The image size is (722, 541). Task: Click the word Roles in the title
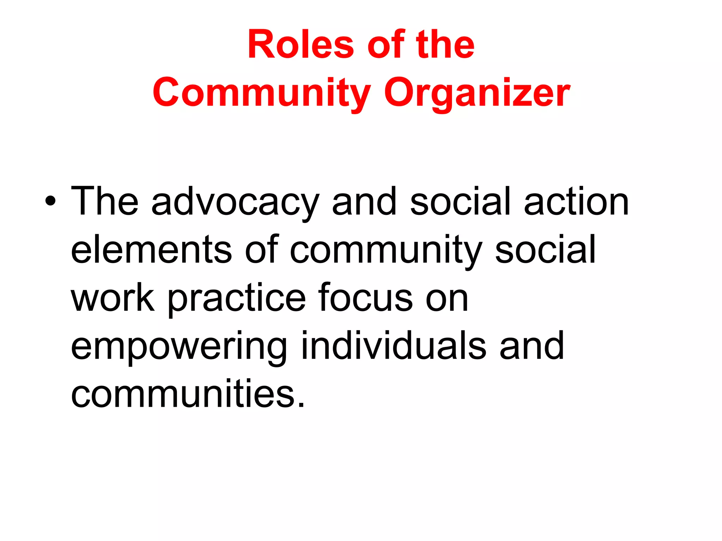[300, 45]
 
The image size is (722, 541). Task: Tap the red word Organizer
[477, 92]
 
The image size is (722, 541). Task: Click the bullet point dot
[50, 201]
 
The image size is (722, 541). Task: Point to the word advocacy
[235, 203]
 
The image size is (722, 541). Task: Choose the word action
[576, 201]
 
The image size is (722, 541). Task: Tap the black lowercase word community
[386, 251]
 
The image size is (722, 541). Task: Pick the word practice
[237, 299]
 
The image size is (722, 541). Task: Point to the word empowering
[179, 347]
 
